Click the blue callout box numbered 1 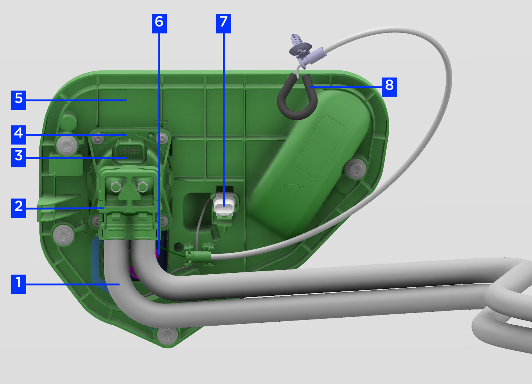[x=19, y=284]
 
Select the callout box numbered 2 [x=19, y=208]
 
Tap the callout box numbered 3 [x=19, y=157]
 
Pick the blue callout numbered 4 [x=19, y=135]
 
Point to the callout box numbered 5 [x=19, y=100]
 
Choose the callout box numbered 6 [x=159, y=24]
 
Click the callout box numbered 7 [x=224, y=24]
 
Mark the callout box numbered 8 [x=390, y=87]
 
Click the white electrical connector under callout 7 [x=224, y=205]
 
